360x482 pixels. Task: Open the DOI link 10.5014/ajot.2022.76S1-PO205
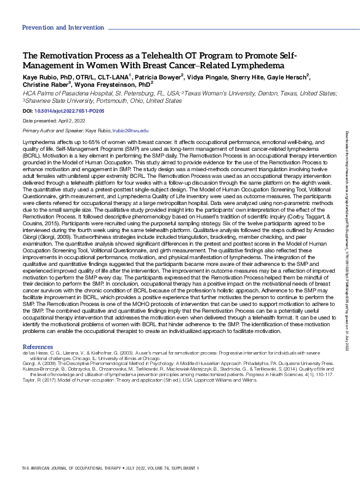[70, 111]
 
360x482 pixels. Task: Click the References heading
[38, 347]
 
